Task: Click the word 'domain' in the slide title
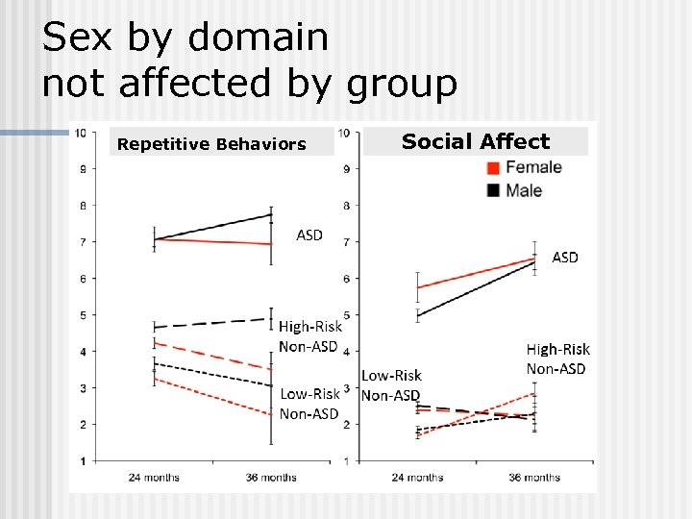click(x=259, y=38)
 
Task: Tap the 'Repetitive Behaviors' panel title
click(x=210, y=145)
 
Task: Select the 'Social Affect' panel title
click(x=475, y=142)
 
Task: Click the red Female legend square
click(x=493, y=167)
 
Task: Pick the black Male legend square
click(x=493, y=190)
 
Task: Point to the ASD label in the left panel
click(x=309, y=235)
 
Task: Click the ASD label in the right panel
click(x=565, y=258)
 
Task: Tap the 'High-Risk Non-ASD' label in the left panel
click(x=309, y=336)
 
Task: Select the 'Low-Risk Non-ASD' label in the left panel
click(x=309, y=404)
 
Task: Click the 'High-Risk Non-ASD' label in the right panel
click(x=558, y=358)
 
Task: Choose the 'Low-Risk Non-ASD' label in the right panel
click(x=391, y=385)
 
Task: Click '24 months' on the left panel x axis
click(x=154, y=478)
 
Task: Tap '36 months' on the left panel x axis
click(x=270, y=478)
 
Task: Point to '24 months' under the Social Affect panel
click(x=417, y=478)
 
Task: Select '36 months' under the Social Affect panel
click(x=533, y=478)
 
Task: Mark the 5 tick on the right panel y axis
click(x=345, y=314)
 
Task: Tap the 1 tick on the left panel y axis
click(x=82, y=461)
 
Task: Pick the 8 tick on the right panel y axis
click(x=345, y=205)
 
